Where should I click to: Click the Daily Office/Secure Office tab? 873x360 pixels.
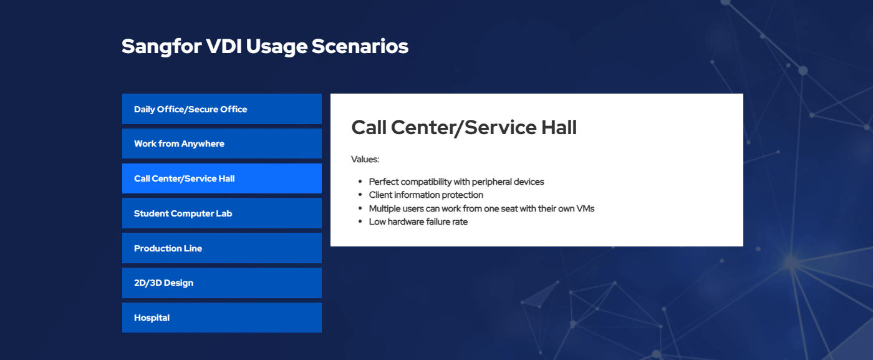tap(222, 109)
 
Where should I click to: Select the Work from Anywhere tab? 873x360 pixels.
tap(222, 144)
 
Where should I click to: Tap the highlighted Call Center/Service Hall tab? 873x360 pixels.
tap(222, 178)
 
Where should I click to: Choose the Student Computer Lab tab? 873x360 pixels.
tap(222, 213)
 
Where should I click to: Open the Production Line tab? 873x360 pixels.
tap(222, 248)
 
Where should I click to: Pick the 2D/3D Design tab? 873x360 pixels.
tap(222, 283)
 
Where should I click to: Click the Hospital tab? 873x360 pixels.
tap(222, 318)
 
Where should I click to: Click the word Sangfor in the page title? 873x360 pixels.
tap(162, 47)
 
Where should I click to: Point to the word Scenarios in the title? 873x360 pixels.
tap(360, 46)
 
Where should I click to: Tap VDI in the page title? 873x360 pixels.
tap(224, 46)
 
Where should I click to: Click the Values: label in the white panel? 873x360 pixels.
tap(365, 159)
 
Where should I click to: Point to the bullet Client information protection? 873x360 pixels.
tap(426, 195)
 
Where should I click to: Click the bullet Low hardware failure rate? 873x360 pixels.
tap(418, 221)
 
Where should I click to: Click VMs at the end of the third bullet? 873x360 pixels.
tap(586, 208)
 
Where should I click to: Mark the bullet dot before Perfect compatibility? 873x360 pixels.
tap(360, 182)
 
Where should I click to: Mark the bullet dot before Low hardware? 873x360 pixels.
tap(360, 221)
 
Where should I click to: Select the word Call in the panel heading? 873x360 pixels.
tap(369, 127)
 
